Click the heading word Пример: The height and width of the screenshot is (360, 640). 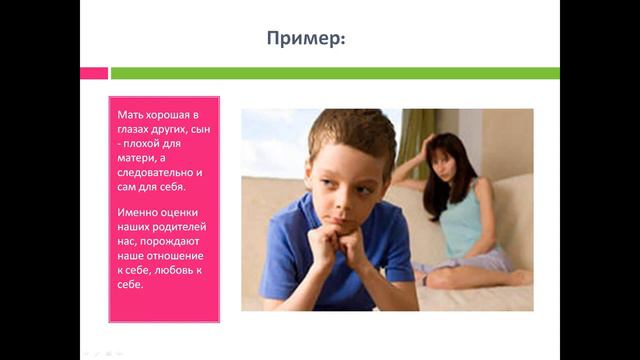pos(307,39)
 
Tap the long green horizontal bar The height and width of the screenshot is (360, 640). pos(334,73)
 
